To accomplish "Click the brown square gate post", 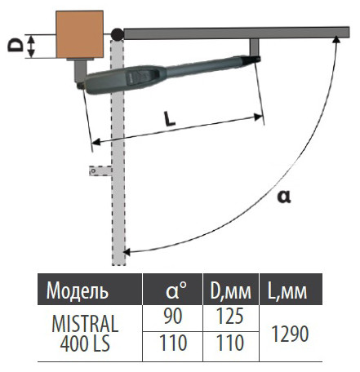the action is pos(79,34).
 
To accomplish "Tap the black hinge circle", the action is pos(118,34).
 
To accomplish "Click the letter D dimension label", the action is pos(15,45).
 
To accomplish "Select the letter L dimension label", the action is pos(169,118).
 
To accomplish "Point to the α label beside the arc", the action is pos(284,197).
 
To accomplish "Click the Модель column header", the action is pos(78,290).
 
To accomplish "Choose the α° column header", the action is pos(176,290).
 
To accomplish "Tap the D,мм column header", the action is pos(230,291).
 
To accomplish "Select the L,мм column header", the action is pos(287,291).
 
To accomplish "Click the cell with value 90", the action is pos(173,317).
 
